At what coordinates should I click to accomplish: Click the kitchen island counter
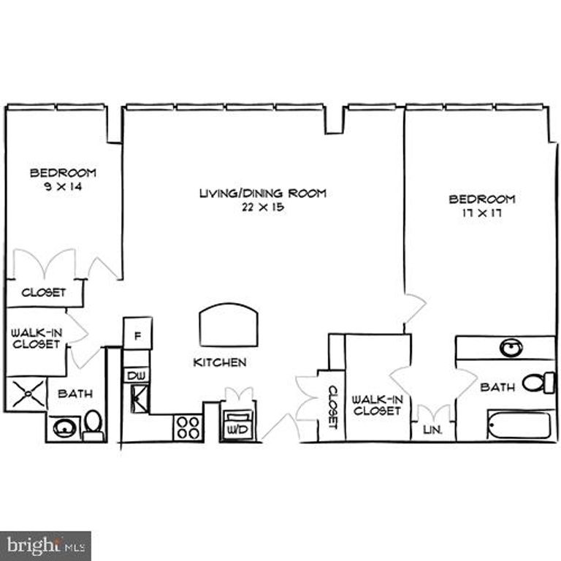[x=229, y=328]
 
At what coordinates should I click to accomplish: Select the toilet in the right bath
[x=541, y=382]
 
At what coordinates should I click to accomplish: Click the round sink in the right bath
[x=512, y=348]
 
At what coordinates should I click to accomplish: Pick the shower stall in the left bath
[x=26, y=394]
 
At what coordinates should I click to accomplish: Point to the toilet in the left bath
[x=93, y=424]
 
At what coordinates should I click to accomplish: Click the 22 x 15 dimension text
[x=262, y=207]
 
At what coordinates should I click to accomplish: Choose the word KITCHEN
[x=219, y=362]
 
